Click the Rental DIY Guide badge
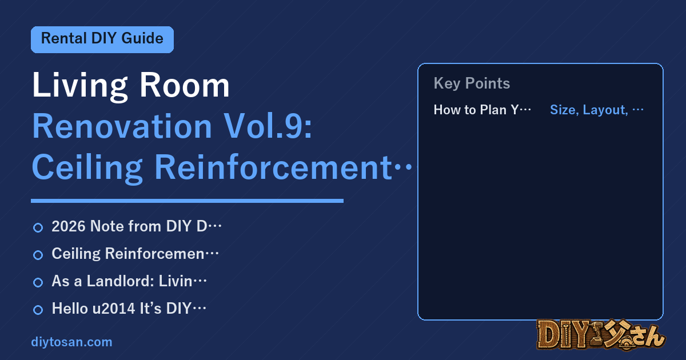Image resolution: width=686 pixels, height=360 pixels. [102, 39]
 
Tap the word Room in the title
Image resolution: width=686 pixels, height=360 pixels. [184, 85]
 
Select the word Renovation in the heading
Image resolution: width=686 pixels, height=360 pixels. [122, 126]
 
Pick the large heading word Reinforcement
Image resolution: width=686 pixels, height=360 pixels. [273, 167]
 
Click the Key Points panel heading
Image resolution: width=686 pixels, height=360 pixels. [472, 83]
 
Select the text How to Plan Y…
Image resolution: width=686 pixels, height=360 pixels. [482, 110]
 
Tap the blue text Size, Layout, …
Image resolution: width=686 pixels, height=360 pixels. [597, 110]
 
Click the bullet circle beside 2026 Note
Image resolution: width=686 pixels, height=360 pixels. [38, 228]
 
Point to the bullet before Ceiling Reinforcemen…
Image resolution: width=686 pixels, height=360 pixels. [38, 255]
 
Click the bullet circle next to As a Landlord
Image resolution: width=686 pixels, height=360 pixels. [38, 282]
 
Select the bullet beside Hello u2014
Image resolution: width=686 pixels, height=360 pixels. [38, 310]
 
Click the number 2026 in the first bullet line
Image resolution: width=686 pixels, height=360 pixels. [69, 226]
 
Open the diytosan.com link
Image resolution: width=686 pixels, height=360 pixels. [71, 342]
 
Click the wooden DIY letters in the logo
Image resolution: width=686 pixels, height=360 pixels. [564, 335]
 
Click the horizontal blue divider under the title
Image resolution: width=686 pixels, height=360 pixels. [187, 201]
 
